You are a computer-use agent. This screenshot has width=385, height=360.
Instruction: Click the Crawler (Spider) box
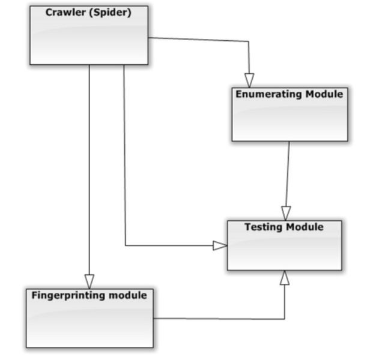point(89,35)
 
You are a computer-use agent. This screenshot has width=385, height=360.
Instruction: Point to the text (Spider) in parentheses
point(110,13)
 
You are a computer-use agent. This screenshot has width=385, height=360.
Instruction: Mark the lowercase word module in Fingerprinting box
point(127,295)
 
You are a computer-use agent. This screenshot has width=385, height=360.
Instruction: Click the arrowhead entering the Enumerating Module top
point(249,80)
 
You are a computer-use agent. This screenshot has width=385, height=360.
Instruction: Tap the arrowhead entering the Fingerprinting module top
point(89,281)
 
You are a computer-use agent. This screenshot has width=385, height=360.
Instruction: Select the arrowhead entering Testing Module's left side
point(220,245)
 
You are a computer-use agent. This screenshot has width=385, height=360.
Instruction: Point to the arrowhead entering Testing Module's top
point(286,213)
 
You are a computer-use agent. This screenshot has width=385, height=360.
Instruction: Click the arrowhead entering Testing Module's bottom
point(285,278)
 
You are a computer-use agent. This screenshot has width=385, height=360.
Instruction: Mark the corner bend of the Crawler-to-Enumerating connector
point(249,42)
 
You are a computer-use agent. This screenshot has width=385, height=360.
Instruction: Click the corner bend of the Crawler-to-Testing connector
point(125,245)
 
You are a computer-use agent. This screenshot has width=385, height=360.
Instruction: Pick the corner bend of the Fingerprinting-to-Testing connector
point(285,319)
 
